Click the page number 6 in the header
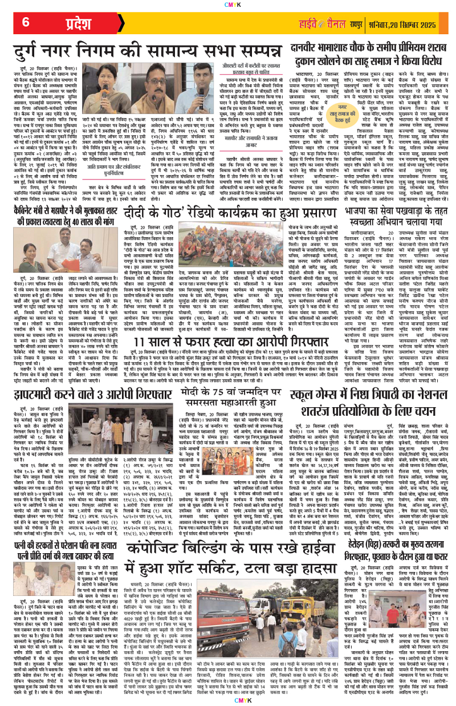coord(26,23)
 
